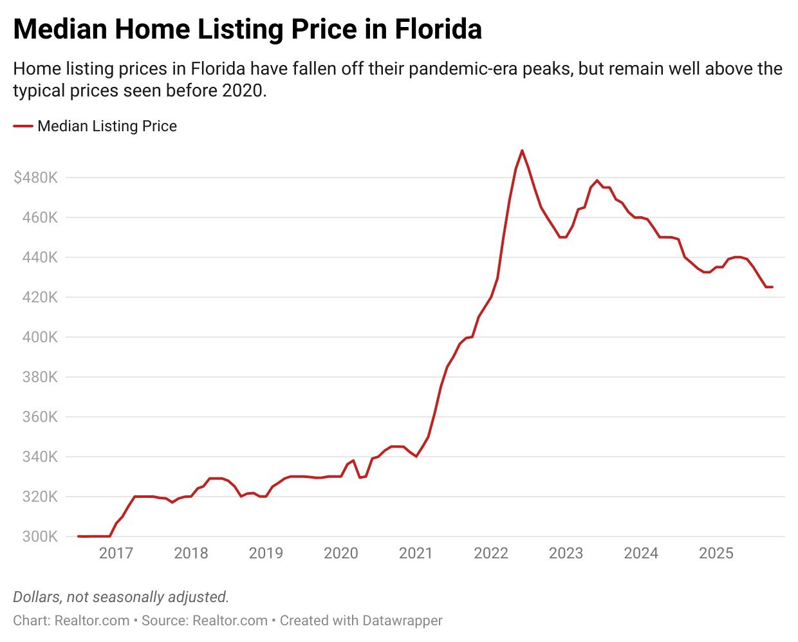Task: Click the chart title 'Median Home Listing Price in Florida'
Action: coord(247,30)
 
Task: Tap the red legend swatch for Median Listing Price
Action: coord(23,127)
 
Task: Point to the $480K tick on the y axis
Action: coord(35,178)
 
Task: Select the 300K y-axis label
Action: coord(40,537)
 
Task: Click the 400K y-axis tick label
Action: coord(40,337)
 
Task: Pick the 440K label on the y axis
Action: coord(40,257)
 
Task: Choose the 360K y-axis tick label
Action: coord(40,417)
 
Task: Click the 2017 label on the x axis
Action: coord(116,553)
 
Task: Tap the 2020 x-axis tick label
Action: coord(341,553)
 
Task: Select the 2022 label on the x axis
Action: coord(491,553)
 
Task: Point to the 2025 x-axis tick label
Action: coord(716,553)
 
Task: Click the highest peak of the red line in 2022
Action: coord(522,151)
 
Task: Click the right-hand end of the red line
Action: coord(772,287)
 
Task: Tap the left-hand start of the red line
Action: coord(79,536)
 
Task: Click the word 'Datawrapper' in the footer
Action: coord(402,621)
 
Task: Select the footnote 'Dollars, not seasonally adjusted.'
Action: coord(121,597)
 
